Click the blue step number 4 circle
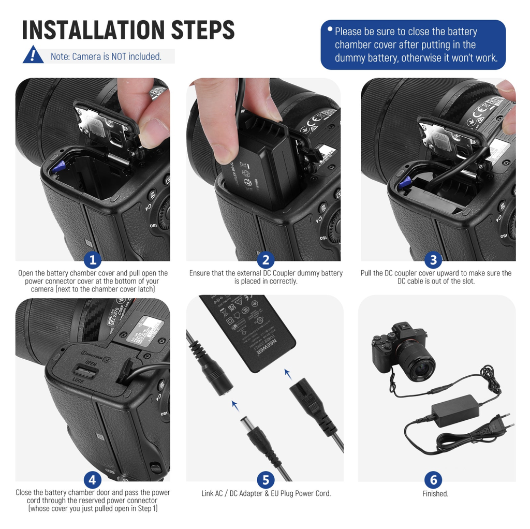click(x=92, y=480)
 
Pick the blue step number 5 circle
click(x=266, y=480)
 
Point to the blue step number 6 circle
click(x=433, y=480)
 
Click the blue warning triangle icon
click(x=33, y=55)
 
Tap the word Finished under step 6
click(x=435, y=494)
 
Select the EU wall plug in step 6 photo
click(x=499, y=422)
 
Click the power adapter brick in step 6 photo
click(x=455, y=411)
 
